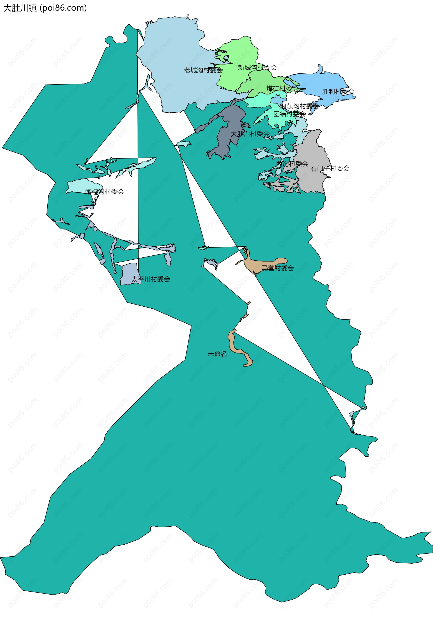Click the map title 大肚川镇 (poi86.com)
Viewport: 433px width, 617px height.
click(x=45, y=8)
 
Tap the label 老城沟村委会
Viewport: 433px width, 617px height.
click(x=203, y=70)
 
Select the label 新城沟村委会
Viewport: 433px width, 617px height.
click(x=257, y=67)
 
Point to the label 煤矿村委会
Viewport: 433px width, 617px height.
click(x=282, y=88)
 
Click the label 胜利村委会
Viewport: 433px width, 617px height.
click(x=338, y=92)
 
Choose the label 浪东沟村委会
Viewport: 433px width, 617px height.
click(x=299, y=106)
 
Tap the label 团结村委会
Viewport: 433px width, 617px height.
click(x=289, y=114)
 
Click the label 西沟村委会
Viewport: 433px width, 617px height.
click(x=292, y=163)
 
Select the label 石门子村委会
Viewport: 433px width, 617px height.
click(x=330, y=168)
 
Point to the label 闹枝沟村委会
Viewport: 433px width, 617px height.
click(x=105, y=192)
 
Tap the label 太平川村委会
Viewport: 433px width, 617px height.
click(x=150, y=279)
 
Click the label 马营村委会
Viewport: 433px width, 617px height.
click(x=278, y=268)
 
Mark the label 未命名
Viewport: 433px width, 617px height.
click(x=217, y=354)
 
